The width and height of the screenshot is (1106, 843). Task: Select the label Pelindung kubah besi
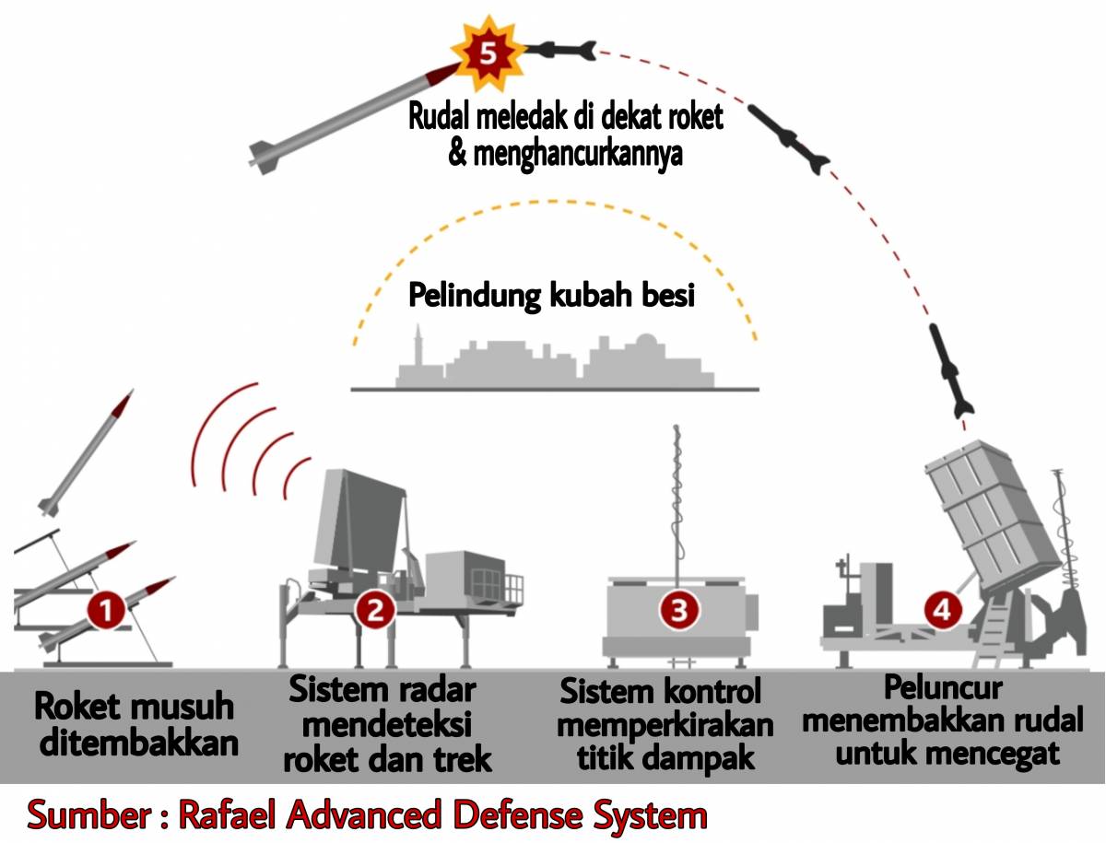(551, 297)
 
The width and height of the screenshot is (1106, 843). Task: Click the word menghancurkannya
(566, 154)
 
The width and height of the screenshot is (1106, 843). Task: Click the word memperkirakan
(665, 725)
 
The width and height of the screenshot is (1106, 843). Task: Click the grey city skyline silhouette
(553, 364)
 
